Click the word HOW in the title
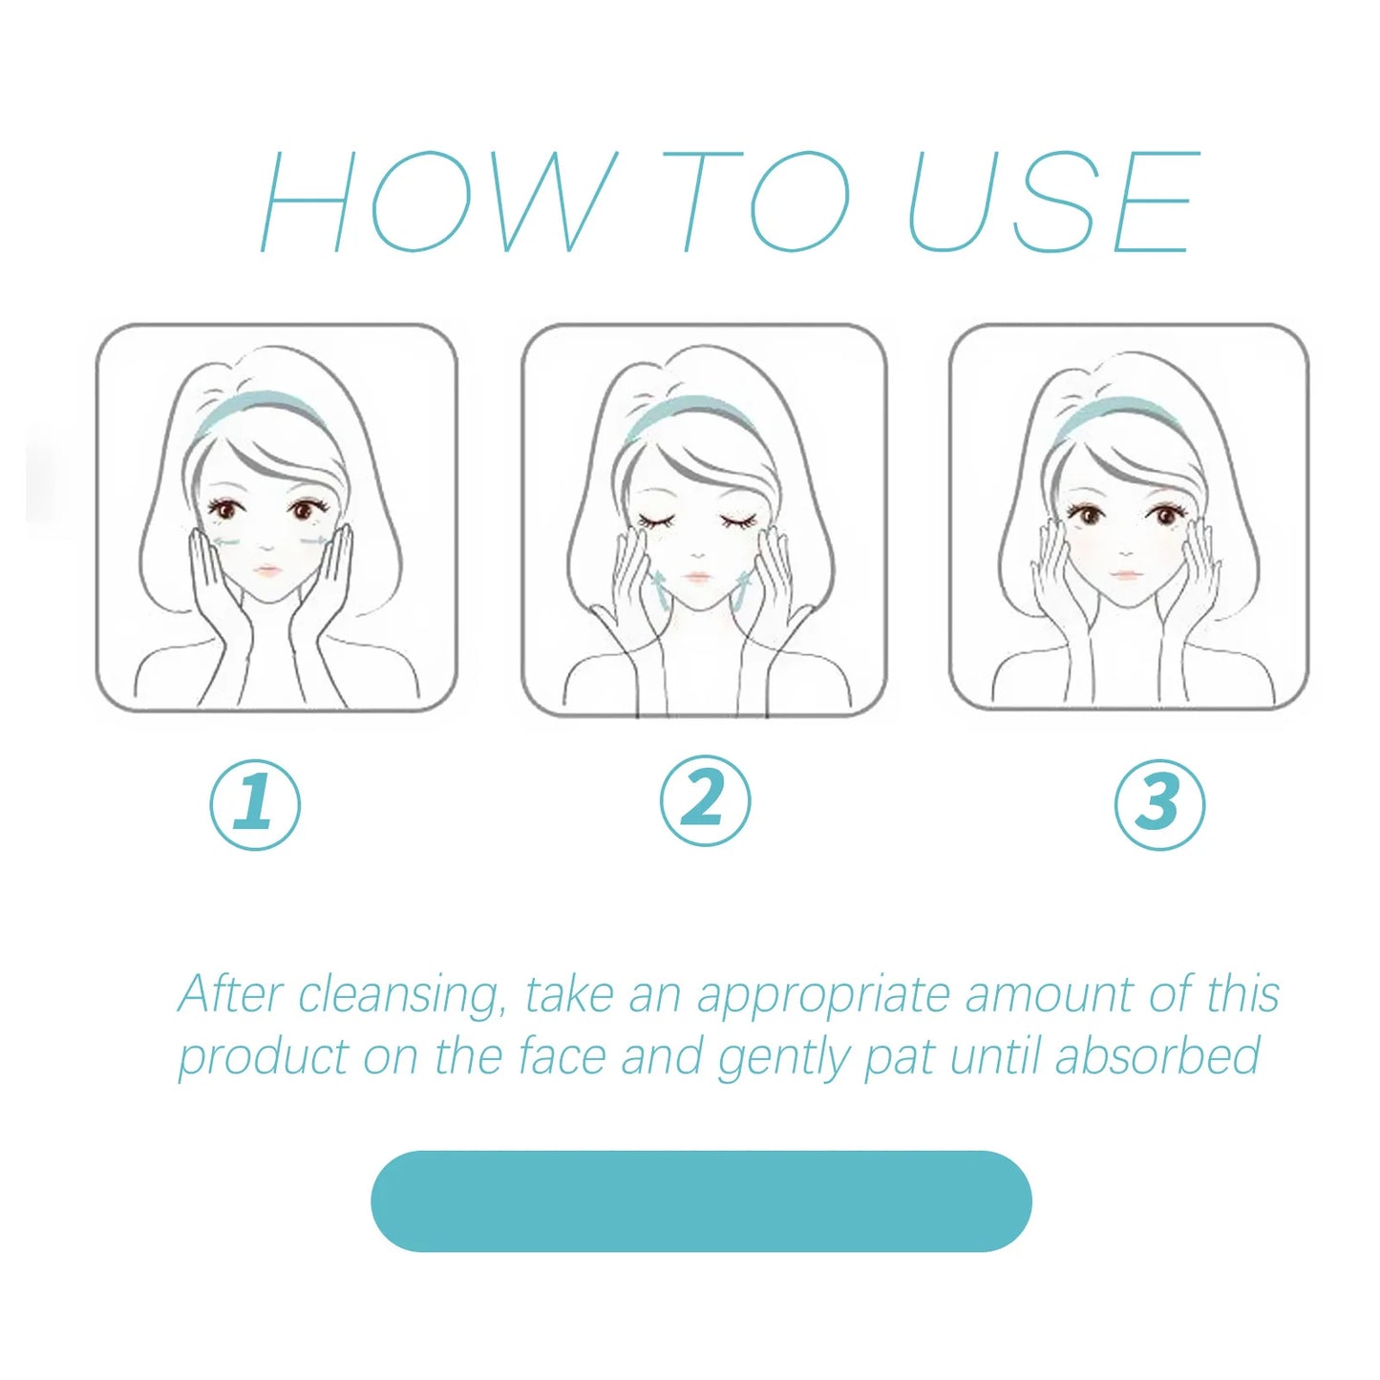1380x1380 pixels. click(x=438, y=202)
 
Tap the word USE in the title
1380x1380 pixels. click(x=1051, y=202)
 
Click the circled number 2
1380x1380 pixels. click(x=705, y=800)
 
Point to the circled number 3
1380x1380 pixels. click(x=1160, y=804)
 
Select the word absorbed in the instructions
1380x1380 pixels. click(x=1157, y=1055)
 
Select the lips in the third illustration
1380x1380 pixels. click(x=1124, y=574)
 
